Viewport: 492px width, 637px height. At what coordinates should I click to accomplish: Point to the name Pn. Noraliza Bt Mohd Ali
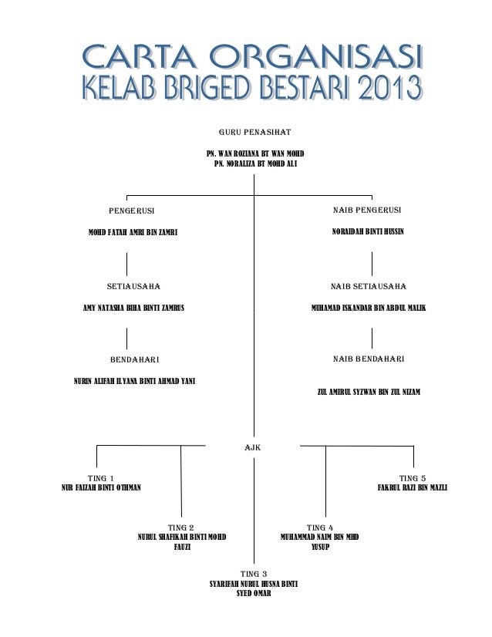[x=254, y=164]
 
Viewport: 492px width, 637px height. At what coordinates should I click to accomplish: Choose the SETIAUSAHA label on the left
[x=133, y=286]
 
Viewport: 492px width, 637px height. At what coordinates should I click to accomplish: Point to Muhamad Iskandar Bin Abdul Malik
[x=368, y=308]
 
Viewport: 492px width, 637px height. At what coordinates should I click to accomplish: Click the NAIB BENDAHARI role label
[x=369, y=359]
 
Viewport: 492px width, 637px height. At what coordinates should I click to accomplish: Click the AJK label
[x=253, y=447]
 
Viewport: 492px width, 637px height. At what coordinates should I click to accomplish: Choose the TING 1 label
[x=101, y=477]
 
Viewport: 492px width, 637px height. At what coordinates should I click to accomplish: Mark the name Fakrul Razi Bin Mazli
[x=412, y=488]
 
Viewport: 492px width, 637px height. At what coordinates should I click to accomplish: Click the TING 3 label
[x=254, y=574]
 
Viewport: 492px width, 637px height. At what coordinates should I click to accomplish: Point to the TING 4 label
[x=319, y=527]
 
